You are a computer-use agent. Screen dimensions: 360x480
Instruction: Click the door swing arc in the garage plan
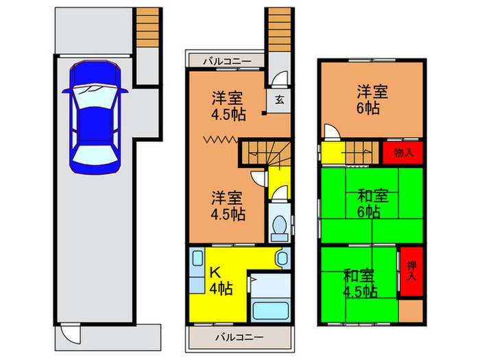click(x=71, y=334)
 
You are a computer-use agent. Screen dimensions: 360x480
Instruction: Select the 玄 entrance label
click(x=280, y=99)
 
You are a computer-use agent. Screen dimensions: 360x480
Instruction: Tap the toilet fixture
click(x=280, y=227)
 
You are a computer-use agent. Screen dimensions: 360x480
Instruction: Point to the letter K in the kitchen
click(x=213, y=270)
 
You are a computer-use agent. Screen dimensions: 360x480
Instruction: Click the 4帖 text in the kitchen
click(x=220, y=288)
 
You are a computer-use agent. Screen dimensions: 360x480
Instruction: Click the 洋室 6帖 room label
click(x=370, y=99)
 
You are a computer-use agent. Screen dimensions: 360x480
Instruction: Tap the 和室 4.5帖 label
click(x=360, y=283)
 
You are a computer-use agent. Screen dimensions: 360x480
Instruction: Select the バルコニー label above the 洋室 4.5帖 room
click(x=226, y=62)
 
